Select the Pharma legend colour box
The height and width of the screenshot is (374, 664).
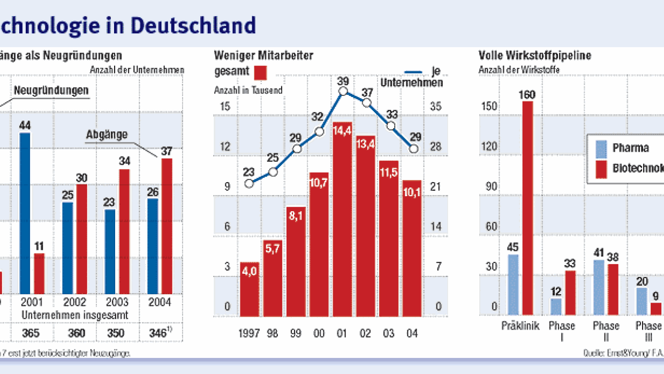(x=602, y=148)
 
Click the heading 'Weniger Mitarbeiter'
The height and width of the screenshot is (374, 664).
(x=263, y=55)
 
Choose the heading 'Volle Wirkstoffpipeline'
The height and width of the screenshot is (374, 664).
(x=534, y=55)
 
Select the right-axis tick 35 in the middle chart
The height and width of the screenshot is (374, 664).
(x=436, y=107)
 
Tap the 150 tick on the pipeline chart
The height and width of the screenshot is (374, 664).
(x=489, y=107)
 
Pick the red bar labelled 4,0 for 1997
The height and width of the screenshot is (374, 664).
(x=250, y=288)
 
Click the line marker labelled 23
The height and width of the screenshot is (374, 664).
(x=249, y=184)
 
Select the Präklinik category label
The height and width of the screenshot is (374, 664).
(x=519, y=326)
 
